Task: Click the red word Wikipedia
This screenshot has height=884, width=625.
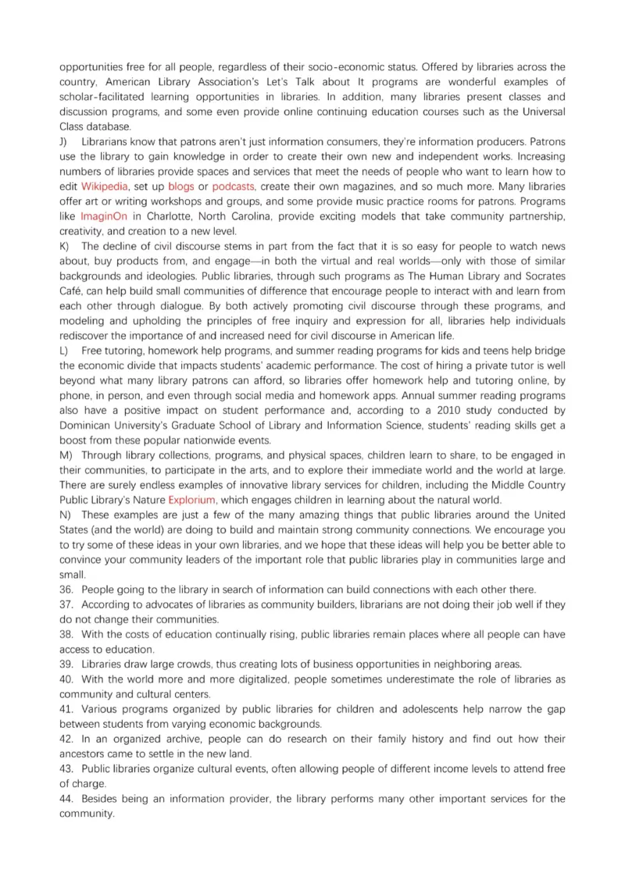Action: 104,186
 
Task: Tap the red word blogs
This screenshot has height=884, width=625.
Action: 180,186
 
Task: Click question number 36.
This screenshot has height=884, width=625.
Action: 66,589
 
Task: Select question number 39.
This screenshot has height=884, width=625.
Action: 66,664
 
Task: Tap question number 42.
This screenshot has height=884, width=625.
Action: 66,739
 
